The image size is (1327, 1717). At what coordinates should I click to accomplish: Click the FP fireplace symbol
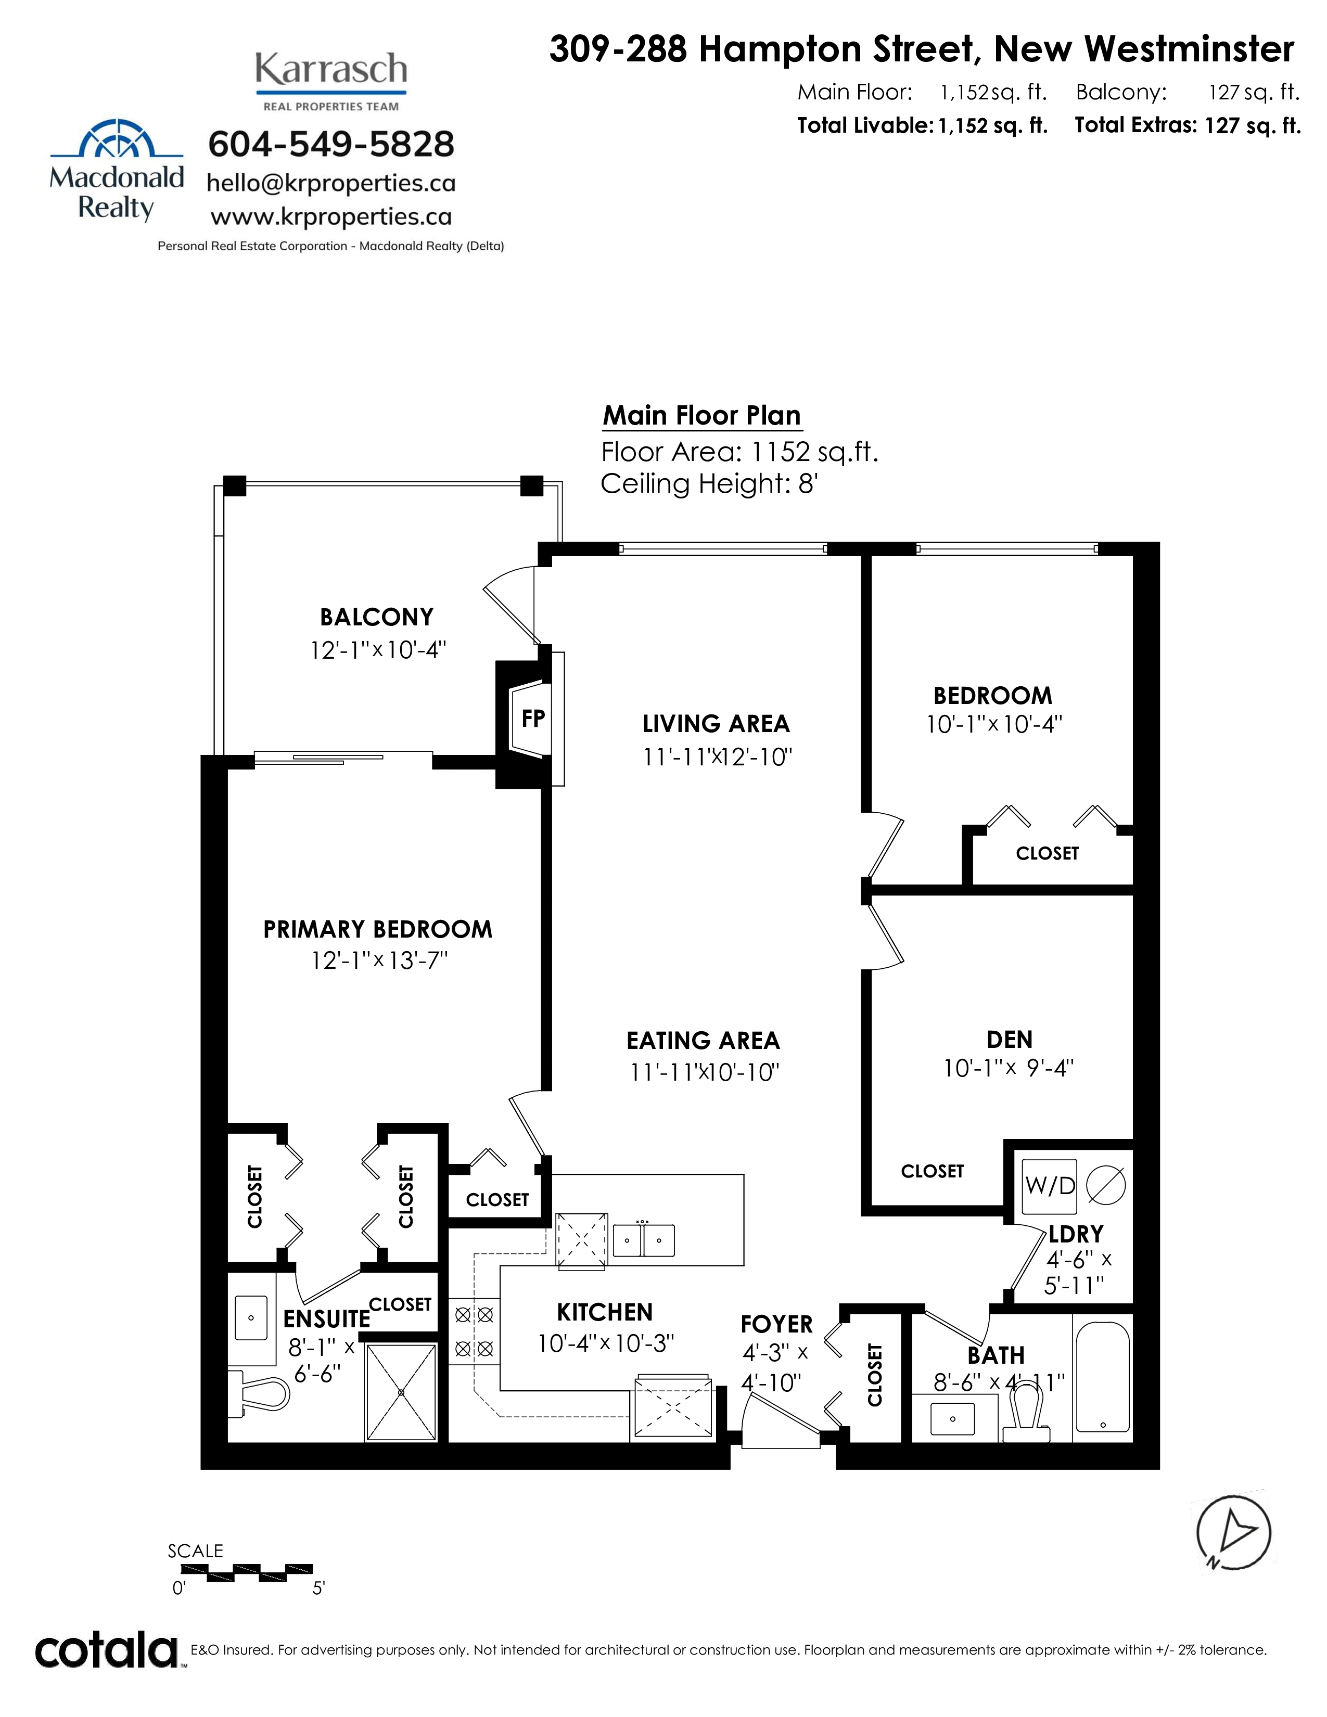click(532, 718)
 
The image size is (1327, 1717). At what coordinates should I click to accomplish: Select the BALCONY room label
click(377, 617)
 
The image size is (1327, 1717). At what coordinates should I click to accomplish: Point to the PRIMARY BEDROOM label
click(377, 929)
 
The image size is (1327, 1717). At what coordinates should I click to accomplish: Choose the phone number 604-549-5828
click(331, 144)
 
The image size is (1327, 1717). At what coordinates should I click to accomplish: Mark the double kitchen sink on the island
click(644, 1240)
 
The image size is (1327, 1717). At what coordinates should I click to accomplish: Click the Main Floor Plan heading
click(702, 415)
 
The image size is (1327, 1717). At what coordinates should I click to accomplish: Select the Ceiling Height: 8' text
click(710, 483)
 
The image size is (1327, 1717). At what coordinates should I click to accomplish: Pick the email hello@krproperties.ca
click(331, 183)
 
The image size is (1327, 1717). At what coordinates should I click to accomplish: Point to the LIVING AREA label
click(716, 723)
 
